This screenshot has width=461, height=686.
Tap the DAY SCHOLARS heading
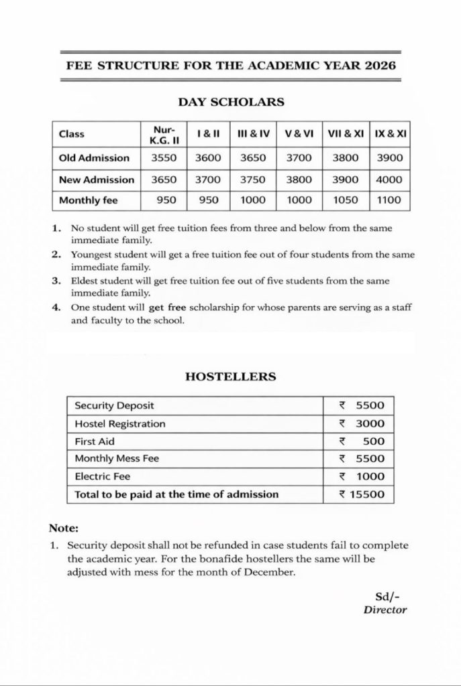[x=231, y=102]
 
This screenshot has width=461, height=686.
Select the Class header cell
[x=72, y=134]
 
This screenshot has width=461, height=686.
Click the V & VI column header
[x=299, y=134]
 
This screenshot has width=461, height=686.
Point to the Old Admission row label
[x=95, y=158]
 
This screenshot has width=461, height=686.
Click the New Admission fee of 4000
[x=389, y=180]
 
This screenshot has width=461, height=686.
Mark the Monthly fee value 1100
[x=389, y=200]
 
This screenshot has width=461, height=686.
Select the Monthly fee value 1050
[x=346, y=200]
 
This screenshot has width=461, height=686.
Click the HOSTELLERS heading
[x=230, y=377]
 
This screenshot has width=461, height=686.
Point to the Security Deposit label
[x=114, y=406]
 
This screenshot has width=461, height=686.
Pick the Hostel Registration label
[x=120, y=424]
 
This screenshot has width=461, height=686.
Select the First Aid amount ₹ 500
[x=362, y=441]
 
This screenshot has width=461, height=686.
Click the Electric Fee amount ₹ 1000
[x=362, y=477]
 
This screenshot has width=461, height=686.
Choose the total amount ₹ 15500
[x=362, y=494]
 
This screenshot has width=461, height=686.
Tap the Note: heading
[x=64, y=528]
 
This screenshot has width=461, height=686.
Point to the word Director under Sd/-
[x=385, y=610]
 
